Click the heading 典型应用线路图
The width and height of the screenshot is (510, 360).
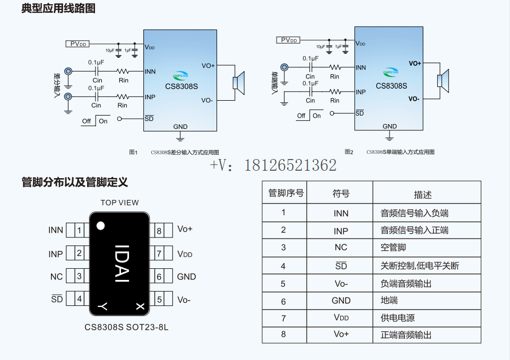[x=58, y=8]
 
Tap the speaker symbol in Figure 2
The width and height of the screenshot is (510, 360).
[x=442, y=80]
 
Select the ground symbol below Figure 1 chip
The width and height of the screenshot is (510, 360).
[x=180, y=137]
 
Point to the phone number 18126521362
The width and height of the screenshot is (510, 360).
[x=290, y=165]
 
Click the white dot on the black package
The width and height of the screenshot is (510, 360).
[x=100, y=226]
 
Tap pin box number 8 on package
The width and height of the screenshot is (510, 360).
[x=159, y=230]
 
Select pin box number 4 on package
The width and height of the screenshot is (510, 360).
[x=79, y=299]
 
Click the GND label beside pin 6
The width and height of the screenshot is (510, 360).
[x=186, y=277]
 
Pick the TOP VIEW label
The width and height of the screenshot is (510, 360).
[x=119, y=203]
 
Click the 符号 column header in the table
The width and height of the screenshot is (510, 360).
[x=341, y=194]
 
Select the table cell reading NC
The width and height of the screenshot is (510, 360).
[x=341, y=248]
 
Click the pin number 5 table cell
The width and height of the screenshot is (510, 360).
[x=283, y=284]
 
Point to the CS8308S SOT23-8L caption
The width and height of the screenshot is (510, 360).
[x=126, y=327]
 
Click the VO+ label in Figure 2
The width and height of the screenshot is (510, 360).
[x=414, y=63]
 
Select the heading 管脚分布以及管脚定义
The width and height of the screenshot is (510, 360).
[x=75, y=182]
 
